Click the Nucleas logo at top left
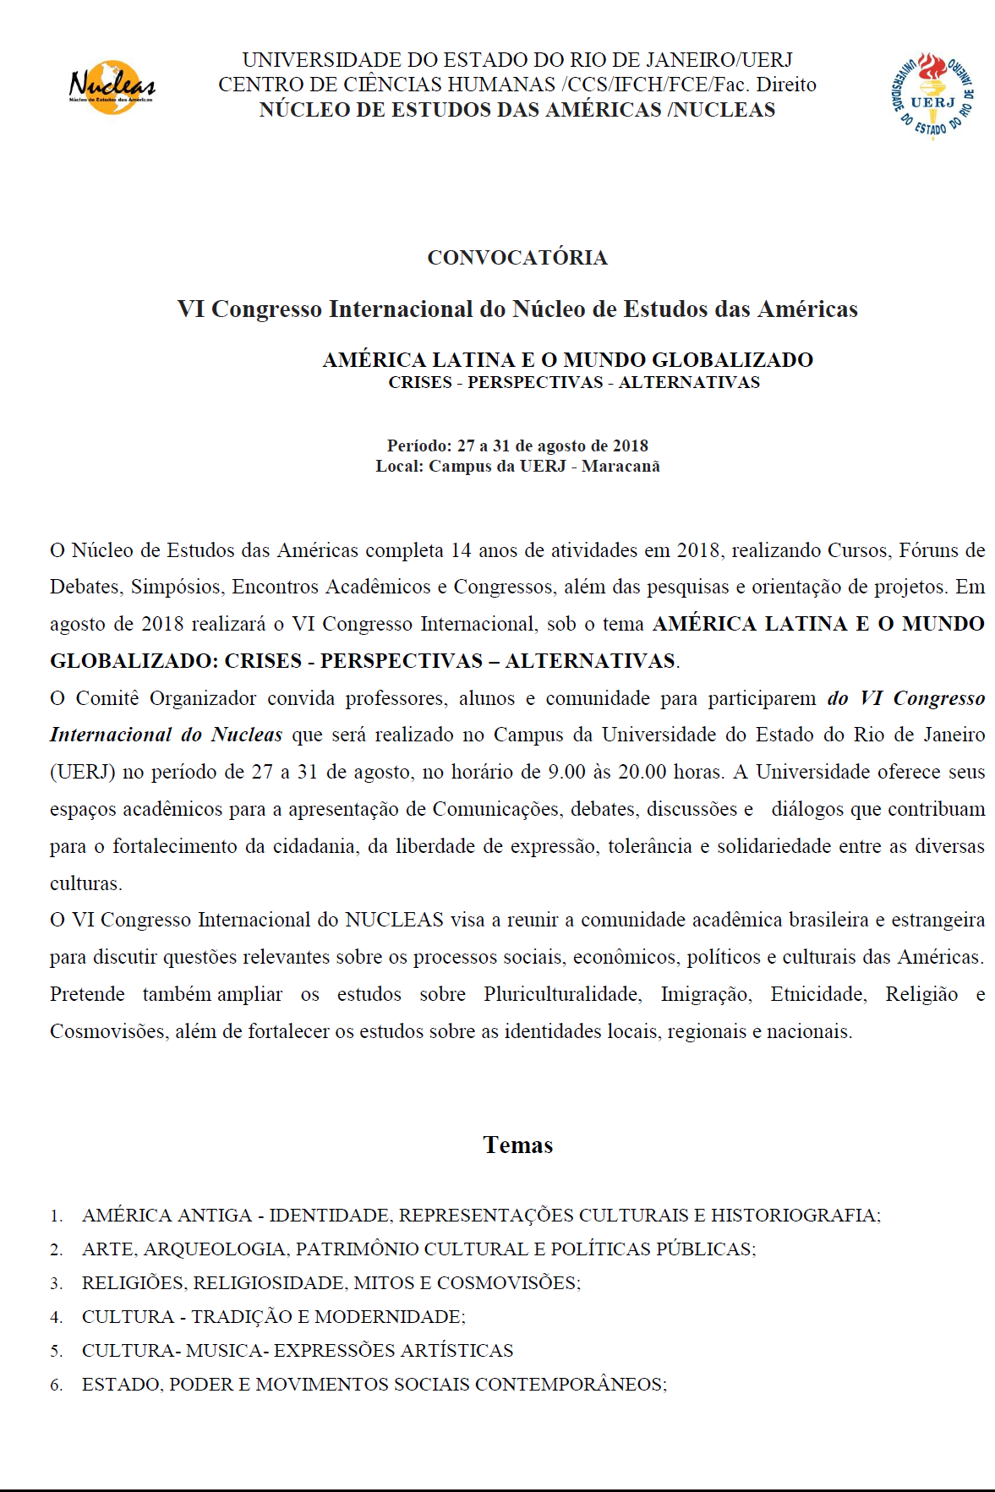coord(112,86)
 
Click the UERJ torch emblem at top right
coord(932,94)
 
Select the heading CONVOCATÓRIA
coord(517,258)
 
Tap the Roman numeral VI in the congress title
coord(190,309)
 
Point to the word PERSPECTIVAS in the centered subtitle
coord(535,383)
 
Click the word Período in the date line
coord(418,445)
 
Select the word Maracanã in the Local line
coord(621,467)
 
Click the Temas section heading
coord(518,1145)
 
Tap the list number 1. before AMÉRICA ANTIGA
coord(57,1216)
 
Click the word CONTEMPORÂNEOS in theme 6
coord(571,1385)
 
